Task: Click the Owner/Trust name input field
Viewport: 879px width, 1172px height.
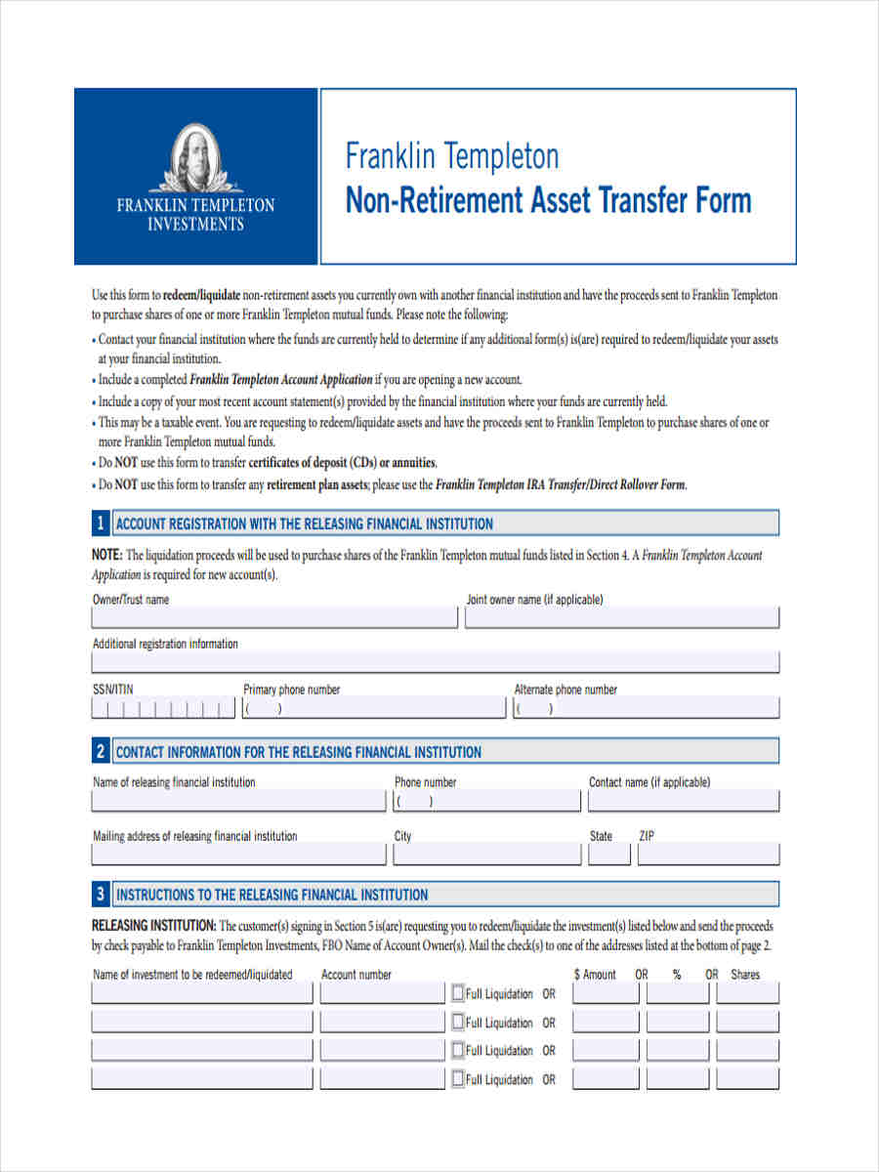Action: point(274,617)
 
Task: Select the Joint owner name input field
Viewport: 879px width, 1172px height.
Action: point(622,617)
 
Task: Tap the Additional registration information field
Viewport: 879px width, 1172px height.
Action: point(436,662)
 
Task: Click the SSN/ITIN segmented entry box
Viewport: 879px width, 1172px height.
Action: point(163,708)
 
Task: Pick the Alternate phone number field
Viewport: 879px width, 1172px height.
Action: point(646,708)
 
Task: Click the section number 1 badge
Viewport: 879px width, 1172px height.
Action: point(101,523)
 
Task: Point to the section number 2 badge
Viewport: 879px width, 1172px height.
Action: point(101,752)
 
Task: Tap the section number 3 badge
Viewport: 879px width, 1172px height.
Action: point(101,894)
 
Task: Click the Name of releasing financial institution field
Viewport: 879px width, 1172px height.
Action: point(238,801)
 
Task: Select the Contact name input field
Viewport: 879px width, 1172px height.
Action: point(683,801)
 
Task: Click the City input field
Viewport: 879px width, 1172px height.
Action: point(486,855)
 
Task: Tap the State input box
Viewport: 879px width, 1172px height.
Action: point(608,855)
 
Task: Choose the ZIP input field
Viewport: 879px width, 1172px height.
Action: point(708,855)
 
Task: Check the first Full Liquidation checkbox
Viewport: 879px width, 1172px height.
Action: point(458,993)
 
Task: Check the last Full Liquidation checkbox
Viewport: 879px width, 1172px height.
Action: point(458,1078)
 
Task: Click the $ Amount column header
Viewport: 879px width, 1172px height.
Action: point(595,974)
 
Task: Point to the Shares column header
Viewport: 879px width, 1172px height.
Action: point(745,974)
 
